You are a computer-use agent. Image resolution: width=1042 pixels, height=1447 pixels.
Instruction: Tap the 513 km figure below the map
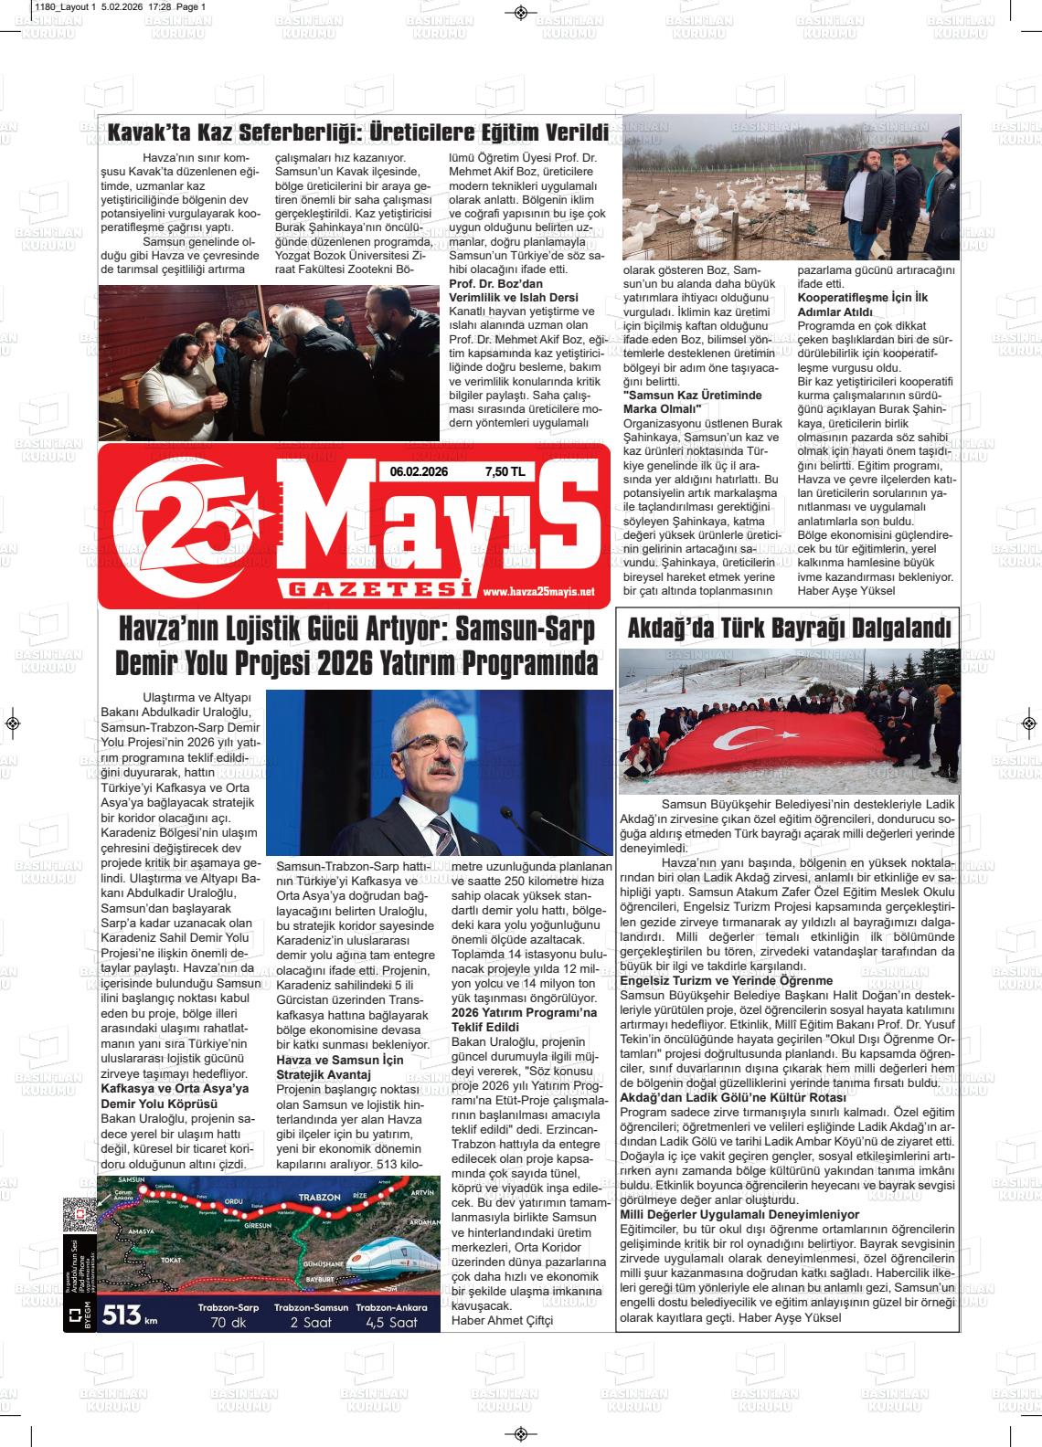[x=127, y=1315]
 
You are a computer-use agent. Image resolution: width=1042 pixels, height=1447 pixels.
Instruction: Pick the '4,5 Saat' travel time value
[x=391, y=1323]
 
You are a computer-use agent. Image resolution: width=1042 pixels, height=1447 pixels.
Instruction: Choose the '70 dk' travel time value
[x=228, y=1323]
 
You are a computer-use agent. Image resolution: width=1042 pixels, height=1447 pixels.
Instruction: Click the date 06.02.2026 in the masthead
[x=419, y=472]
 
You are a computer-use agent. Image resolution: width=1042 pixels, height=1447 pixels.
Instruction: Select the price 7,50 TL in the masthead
[x=505, y=472]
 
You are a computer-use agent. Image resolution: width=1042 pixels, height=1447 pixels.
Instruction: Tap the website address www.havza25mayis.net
[x=537, y=592]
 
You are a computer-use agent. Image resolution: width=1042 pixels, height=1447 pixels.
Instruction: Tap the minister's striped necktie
[x=442, y=837]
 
